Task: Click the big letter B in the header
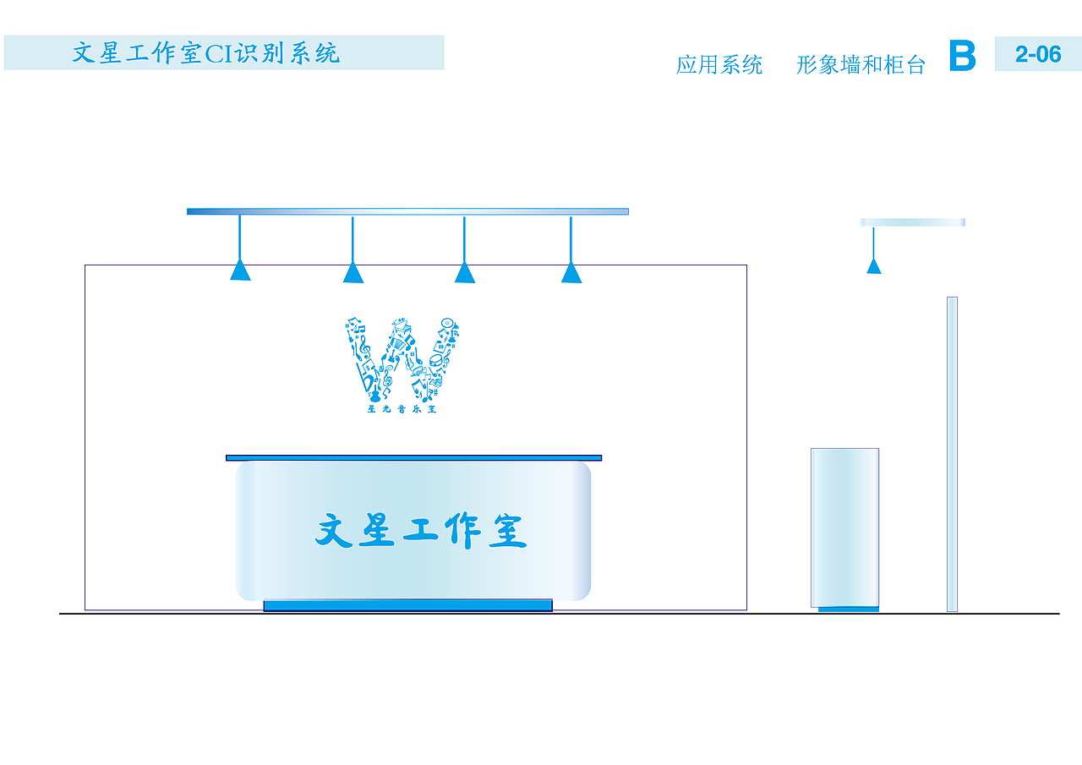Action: pyautogui.click(x=962, y=56)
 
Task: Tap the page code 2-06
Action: pyautogui.click(x=1037, y=54)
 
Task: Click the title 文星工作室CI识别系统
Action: pyautogui.click(x=206, y=53)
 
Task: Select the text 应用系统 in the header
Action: pyautogui.click(x=719, y=65)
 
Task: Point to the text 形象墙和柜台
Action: pyautogui.click(x=861, y=65)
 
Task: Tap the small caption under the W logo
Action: pyautogui.click(x=402, y=410)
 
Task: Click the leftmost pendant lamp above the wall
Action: pyautogui.click(x=240, y=270)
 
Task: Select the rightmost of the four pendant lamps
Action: pyautogui.click(x=571, y=272)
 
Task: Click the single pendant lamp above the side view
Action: pyautogui.click(x=874, y=265)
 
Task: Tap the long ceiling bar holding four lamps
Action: pyautogui.click(x=407, y=211)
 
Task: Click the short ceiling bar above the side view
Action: pyautogui.click(x=912, y=222)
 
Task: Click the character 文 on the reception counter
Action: pyautogui.click(x=334, y=532)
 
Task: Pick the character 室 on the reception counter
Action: pyautogui.click(x=507, y=532)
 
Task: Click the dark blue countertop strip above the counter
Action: pyautogui.click(x=413, y=457)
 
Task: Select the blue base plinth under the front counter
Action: pyautogui.click(x=407, y=605)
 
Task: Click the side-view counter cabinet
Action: pyautogui.click(x=844, y=526)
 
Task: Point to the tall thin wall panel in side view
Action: pyautogui.click(x=952, y=453)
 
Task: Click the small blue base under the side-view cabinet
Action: pyautogui.click(x=848, y=609)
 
